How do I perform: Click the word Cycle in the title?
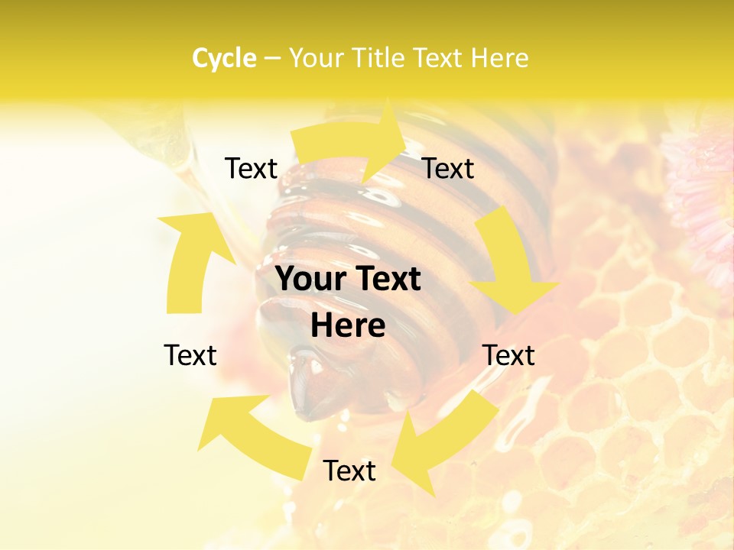224,58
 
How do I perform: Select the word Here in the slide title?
499,58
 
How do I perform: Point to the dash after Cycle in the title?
273,59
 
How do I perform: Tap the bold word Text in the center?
386,280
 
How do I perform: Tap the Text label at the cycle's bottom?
349,471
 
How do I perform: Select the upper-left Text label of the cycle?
251,169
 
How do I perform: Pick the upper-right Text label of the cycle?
448,169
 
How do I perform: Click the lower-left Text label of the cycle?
190,355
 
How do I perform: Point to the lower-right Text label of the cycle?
508,355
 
